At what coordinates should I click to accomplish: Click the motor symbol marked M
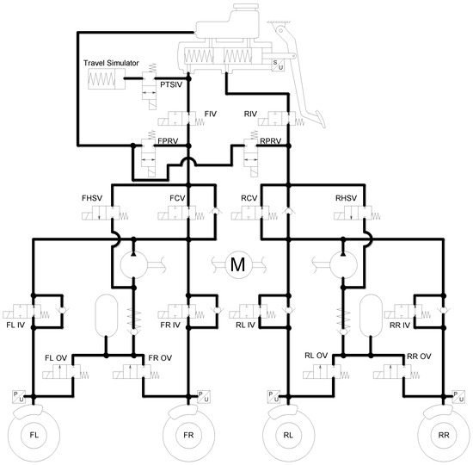238,264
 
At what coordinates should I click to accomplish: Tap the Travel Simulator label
111,63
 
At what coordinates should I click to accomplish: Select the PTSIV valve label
171,84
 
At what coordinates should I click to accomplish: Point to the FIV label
210,114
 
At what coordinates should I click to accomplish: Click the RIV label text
250,114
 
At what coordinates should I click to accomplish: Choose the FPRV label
168,141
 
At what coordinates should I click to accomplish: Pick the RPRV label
271,141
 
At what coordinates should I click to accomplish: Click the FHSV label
92,198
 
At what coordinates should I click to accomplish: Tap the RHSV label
346,198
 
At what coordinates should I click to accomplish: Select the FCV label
177,198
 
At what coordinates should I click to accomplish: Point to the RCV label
249,198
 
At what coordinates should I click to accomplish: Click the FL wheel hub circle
34,435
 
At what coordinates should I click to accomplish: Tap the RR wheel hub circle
444,435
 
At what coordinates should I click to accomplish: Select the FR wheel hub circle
188,435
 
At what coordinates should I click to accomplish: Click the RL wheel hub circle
288,435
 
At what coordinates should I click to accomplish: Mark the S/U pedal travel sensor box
278,65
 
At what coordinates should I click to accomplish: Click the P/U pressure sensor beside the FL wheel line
18,397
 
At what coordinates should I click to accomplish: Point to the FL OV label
56,358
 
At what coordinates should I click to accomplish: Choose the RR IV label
400,325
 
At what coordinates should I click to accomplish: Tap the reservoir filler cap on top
246,6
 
